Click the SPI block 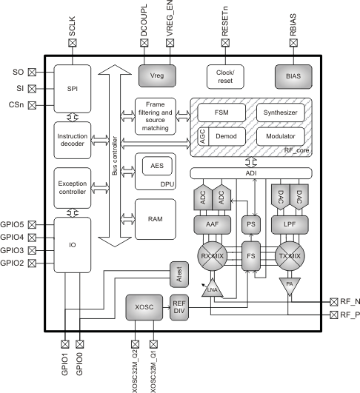coord(71,87)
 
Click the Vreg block coord(154,75)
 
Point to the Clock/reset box coord(225,75)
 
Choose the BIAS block coord(293,75)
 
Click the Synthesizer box coord(281,113)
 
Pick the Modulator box coord(281,137)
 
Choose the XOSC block coord(144,306)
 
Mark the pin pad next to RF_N coord(333,301)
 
